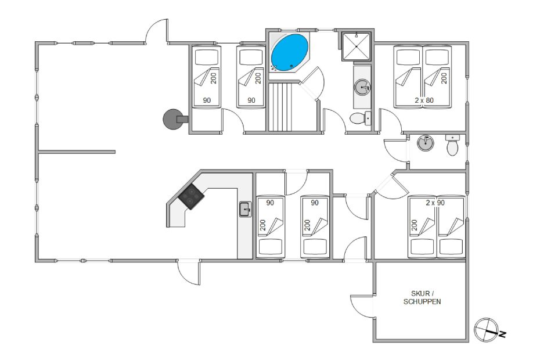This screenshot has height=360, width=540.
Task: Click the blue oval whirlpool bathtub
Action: click(x=289, y=52)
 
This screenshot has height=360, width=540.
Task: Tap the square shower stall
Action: click(x=357, y=46)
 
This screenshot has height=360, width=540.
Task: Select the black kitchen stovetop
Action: click(x=191, y=197)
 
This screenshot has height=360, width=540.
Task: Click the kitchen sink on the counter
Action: click(x=245, y=210)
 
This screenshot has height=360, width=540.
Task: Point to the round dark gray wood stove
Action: click(x=173, y=119)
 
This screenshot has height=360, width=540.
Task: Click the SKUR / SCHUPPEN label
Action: click(x=422, y=297)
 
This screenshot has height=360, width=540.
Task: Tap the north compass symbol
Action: click(x=486, y=330)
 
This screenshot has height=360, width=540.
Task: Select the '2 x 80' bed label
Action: click(x=424, y=100)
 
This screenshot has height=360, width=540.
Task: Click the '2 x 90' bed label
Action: click(x=435, y=203)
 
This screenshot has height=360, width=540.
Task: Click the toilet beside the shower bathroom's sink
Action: click(x=360, y=118)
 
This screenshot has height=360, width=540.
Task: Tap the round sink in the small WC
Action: click(x=425, y=143)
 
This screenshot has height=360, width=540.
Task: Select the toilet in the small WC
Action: click(x=452, y=145)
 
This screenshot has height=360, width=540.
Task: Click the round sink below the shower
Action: click(x=362, y=87)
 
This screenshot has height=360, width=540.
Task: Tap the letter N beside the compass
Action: click(x=502, y=334)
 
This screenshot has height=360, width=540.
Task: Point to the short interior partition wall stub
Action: click(x=77, y=152)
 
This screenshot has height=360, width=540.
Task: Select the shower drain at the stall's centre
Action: click(x=357, y=46)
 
